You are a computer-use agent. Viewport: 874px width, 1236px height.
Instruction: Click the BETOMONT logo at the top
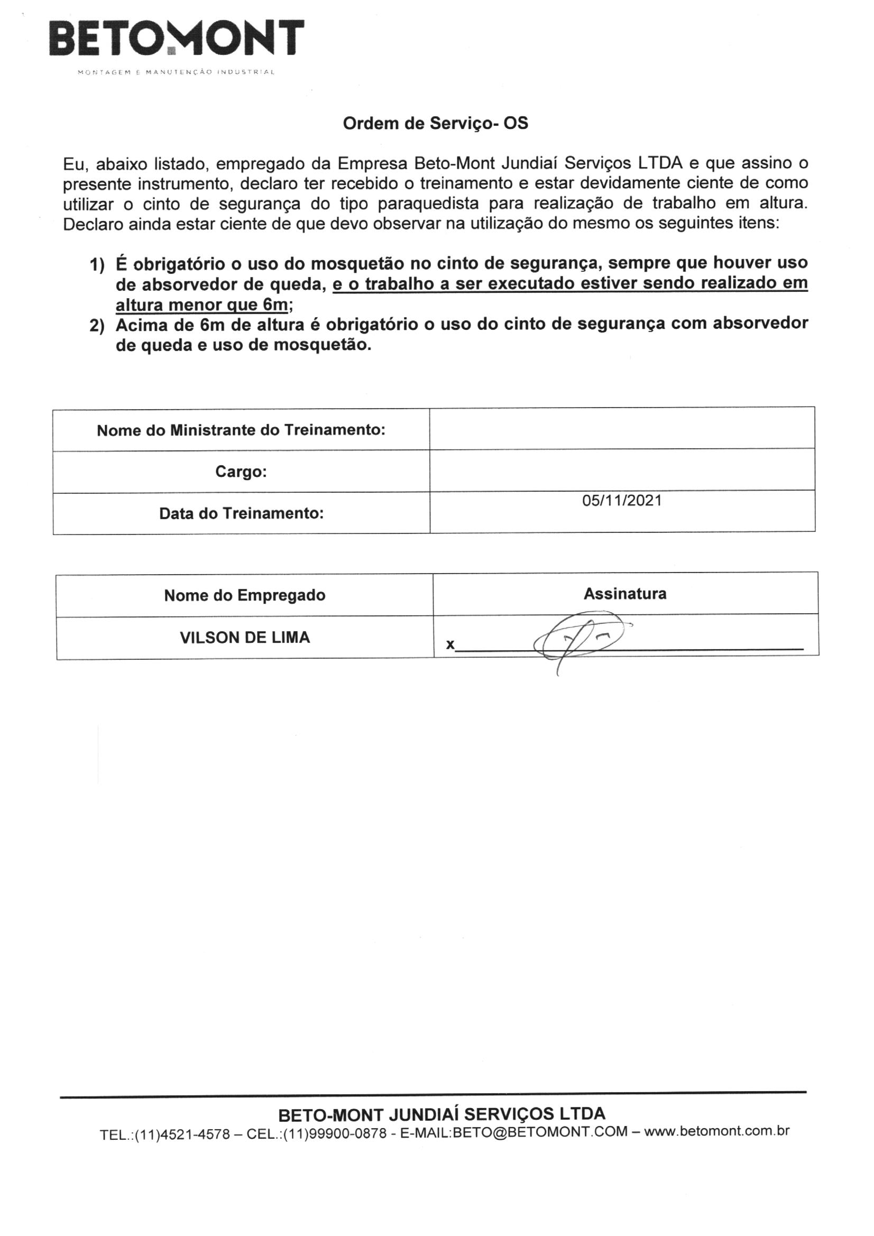(x=176, y=39)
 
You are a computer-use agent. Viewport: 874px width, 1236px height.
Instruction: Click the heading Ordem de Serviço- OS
(x=435, y=124)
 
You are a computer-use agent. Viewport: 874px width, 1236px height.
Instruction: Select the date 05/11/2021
(x=621, y=501)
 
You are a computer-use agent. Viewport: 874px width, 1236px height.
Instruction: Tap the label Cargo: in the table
(x=241, y=472)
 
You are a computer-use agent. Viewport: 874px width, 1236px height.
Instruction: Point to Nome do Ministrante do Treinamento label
(x=241, y=430)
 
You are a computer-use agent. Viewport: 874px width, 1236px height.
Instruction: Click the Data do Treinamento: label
(x=241, y=513)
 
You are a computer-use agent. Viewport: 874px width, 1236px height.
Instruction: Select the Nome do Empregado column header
(x=244, y=595)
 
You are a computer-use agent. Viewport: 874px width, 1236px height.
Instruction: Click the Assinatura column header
(x=624, y=594)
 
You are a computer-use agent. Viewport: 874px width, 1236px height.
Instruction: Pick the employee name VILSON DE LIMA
(x=244, y=638)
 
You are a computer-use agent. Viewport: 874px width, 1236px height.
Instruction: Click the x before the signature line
(x=449, y=644)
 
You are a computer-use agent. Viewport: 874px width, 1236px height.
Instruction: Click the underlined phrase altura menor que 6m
(x=202, y=305)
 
